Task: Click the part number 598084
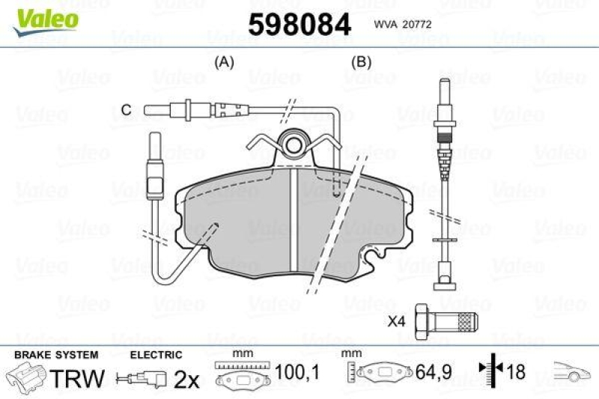(299, 25)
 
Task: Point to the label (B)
(362, 63)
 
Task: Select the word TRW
(77, 378)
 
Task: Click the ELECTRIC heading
(156, 355)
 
